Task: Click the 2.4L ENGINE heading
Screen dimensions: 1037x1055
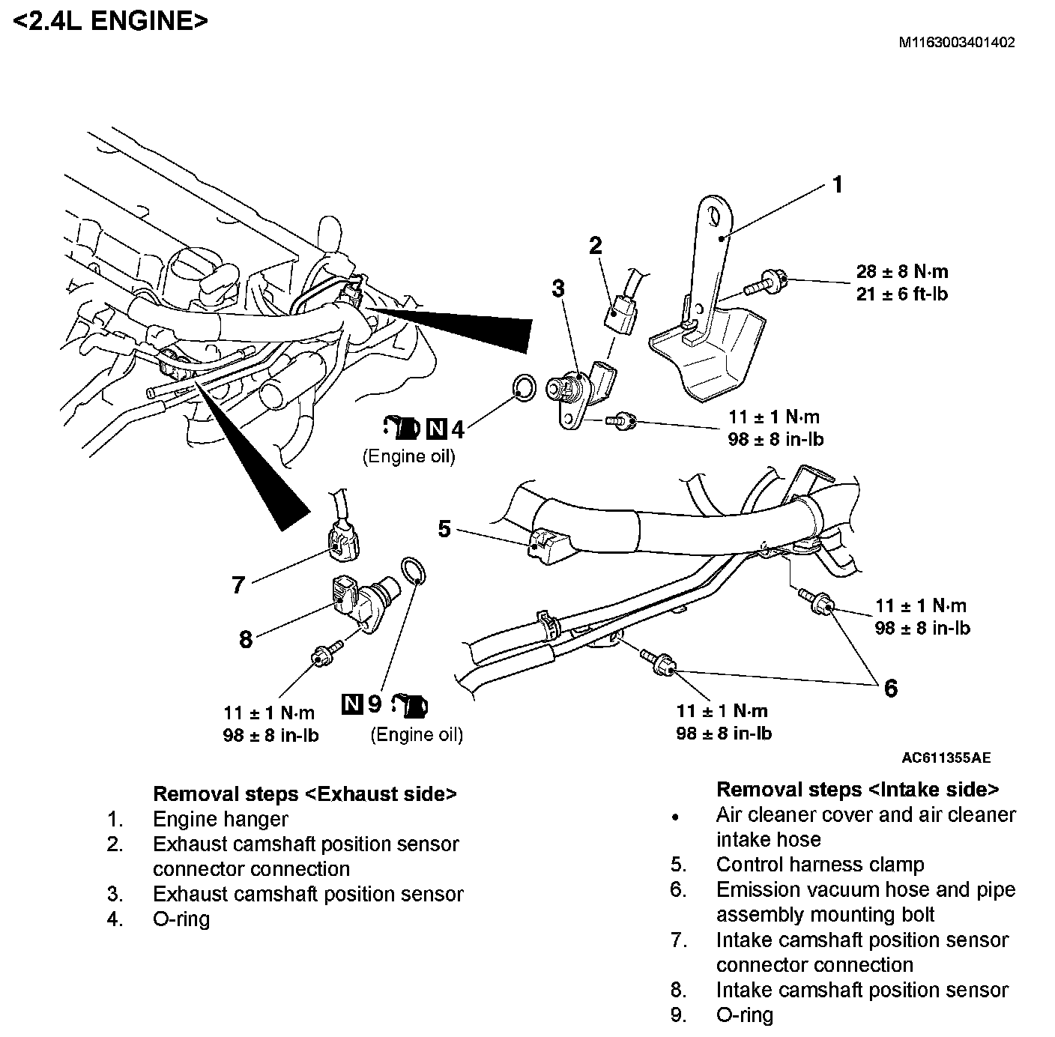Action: [111, 21]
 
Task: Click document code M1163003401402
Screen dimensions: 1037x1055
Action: [957, 43]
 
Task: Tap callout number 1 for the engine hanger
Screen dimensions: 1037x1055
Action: [838, 184]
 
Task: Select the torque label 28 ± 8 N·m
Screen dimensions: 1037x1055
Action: [902, 271]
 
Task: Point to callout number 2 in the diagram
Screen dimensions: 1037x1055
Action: [596, 245]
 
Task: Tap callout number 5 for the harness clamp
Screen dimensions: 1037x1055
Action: [444, 530]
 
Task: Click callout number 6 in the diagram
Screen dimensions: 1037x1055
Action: [890, 687]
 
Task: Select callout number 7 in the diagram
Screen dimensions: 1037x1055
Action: [238, 584]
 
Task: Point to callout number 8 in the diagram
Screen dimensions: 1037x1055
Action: [245, 639]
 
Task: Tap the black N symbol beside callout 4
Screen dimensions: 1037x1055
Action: [436, 429]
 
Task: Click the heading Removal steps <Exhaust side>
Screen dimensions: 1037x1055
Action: [304, 793]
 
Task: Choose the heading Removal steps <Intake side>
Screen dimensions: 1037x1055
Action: [857, 789]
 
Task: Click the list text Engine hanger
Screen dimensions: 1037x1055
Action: [220, 819]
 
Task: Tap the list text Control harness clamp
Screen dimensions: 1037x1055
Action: [820, 865]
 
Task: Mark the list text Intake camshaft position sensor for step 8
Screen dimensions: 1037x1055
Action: [862, 990]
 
